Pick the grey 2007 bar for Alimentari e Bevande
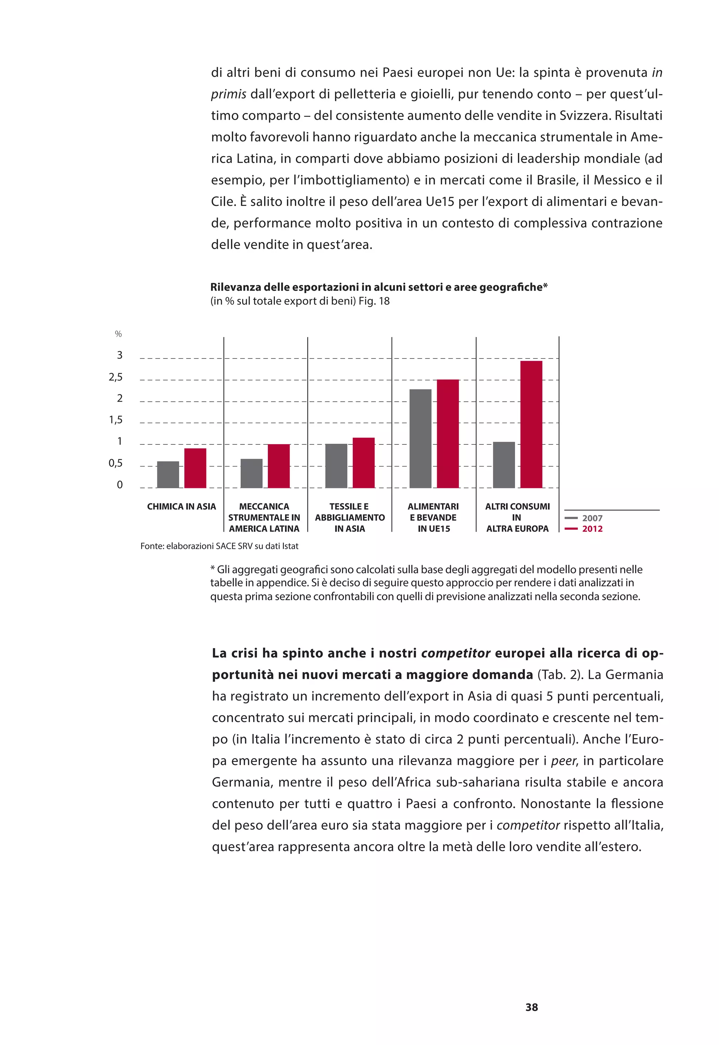point(420,438)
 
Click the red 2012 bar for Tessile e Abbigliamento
point(364,463)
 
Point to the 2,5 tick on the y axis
point(116,377)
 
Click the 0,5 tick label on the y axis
point(116,463)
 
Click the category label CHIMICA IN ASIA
point(182,506)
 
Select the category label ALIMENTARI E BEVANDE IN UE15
point(433,517)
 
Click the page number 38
point(532,1007)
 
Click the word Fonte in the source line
point(151,546)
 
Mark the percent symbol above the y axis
point(118,334)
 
